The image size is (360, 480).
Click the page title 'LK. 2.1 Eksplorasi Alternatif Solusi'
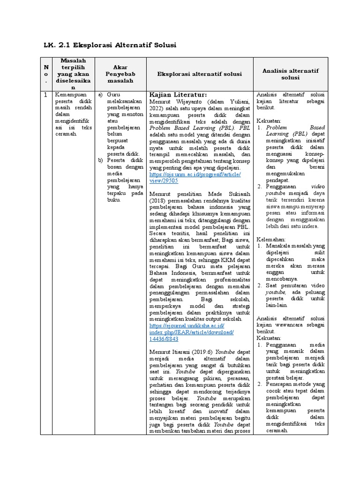click(x=110, y=45)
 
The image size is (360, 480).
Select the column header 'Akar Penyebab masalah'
click(x=120, y=74)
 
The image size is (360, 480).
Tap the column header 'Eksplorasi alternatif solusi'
click(x=199, y=74)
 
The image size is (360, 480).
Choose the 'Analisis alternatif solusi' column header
click(x=290, y=74)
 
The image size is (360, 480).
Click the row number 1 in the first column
click(x=45, y=95)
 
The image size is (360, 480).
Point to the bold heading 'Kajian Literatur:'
click(x=178, y=95)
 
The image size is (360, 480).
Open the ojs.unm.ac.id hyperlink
click(x=195, y=178)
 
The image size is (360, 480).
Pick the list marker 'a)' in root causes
click(x=100, y=95)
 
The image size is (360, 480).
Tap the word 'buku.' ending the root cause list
click(x=114, y=200)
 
